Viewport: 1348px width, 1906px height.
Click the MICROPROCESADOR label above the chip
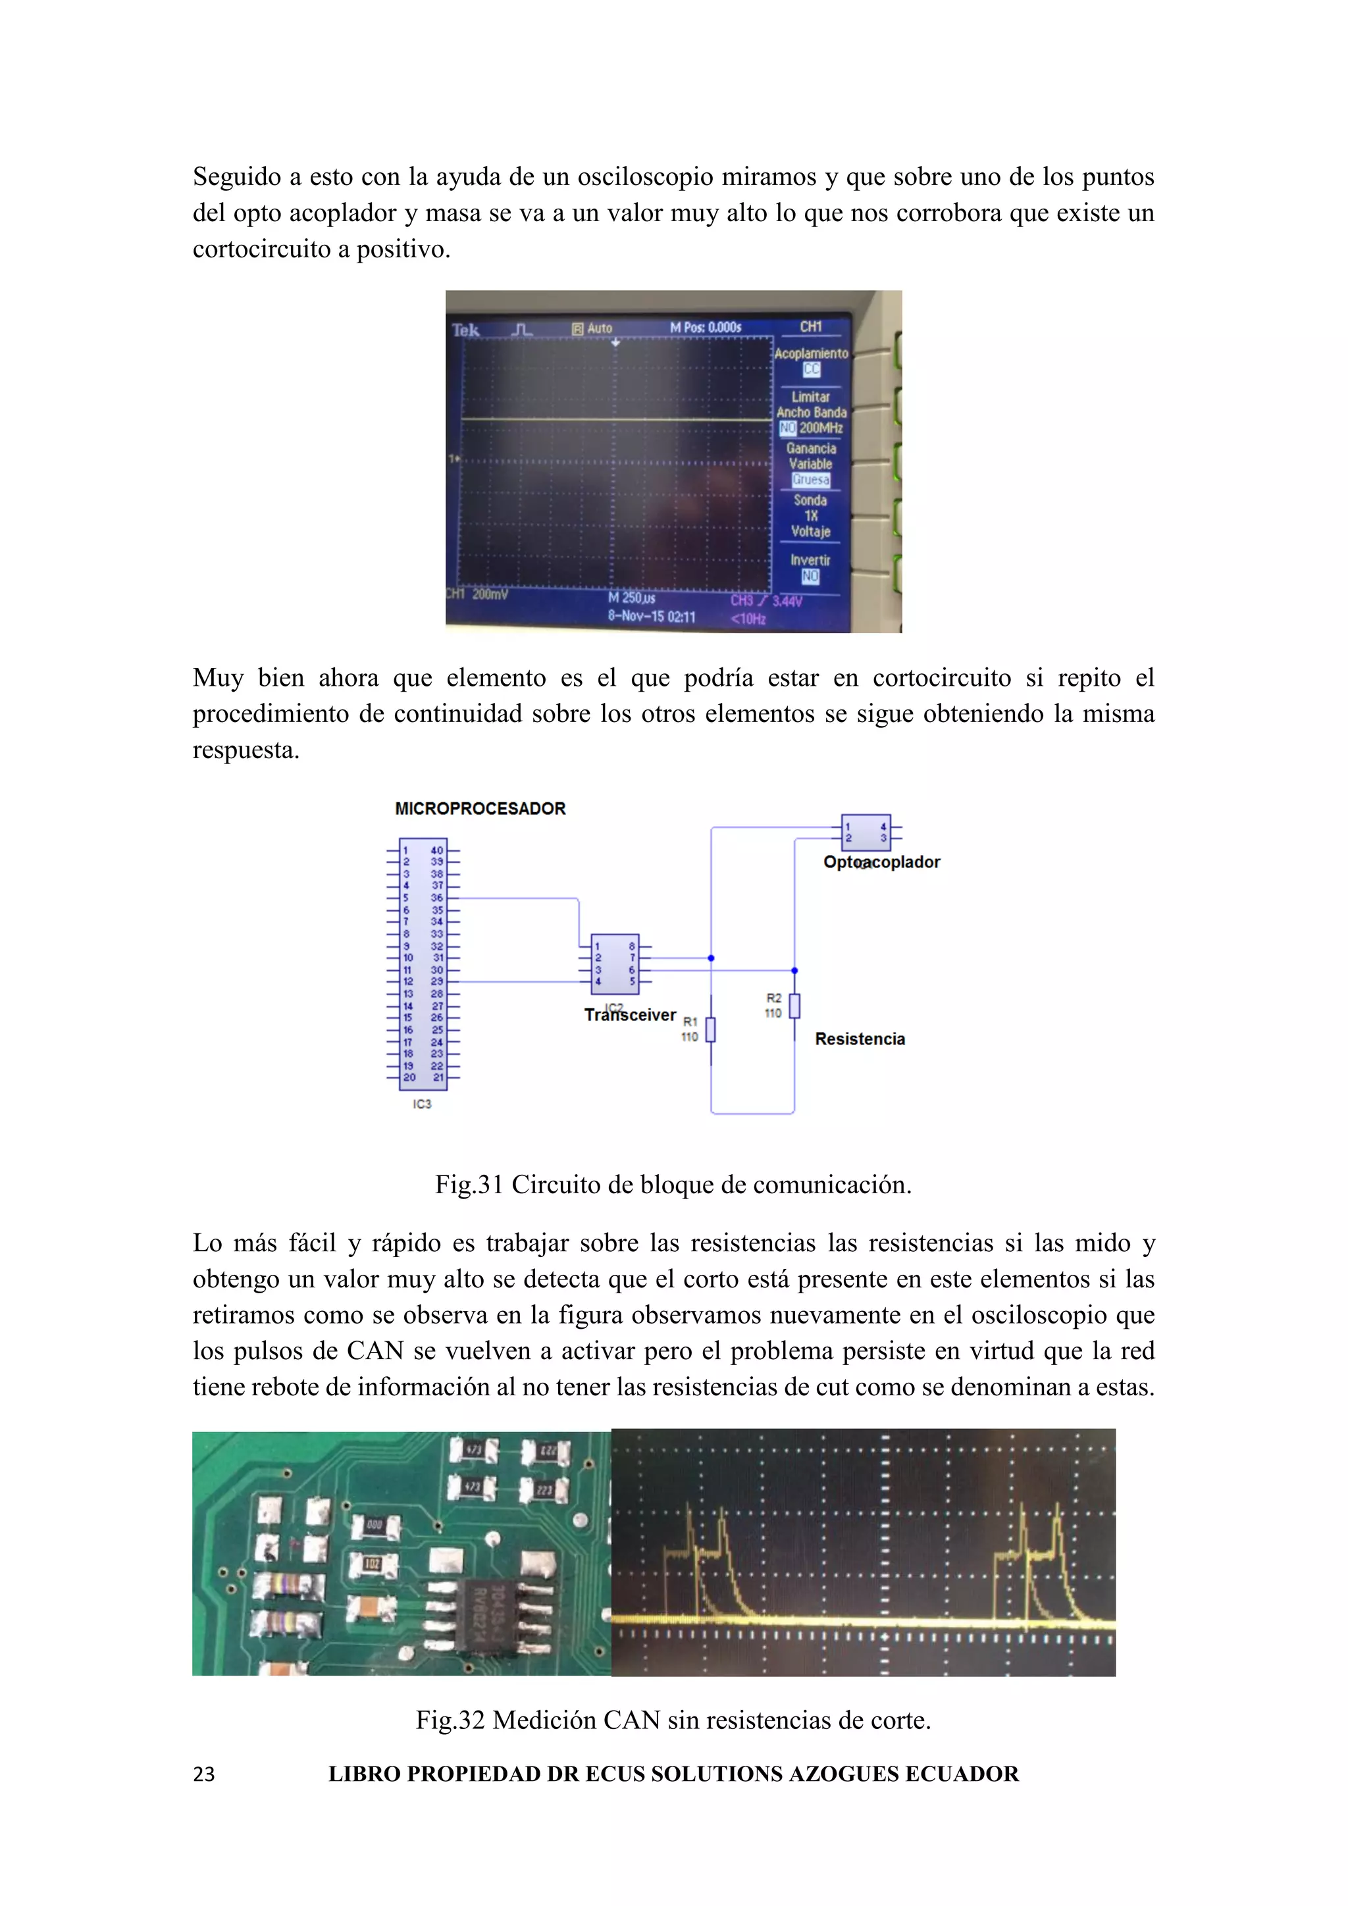[x=480, y=809]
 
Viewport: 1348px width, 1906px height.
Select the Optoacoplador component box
[x=866, y=833]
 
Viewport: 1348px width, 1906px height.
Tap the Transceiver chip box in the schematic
[x=614, y=964]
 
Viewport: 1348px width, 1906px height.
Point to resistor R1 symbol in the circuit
[x=710, y=1029]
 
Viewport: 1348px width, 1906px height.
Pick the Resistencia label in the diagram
[x=860, y=1039]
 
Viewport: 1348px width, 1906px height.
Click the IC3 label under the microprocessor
[x=422, y=1104]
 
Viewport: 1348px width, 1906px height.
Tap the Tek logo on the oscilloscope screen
[x=465, y=330]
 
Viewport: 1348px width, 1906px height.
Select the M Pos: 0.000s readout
[x=706, y=328]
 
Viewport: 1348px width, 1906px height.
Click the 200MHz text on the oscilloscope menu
[x=821, y=428]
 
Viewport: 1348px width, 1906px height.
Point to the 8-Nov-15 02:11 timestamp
[x=652, y=616]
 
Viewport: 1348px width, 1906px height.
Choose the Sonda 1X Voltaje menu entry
[x=810, y=515]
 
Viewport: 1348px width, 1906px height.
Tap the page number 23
[x=203, y=1775]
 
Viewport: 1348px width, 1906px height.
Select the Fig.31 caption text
[x=673, y=1185]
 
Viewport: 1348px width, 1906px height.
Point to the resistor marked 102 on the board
[x=373, y=1564]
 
